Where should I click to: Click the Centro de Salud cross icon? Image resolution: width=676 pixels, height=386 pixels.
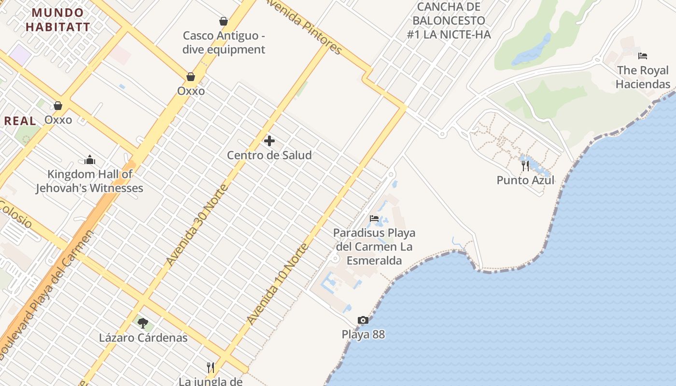269,141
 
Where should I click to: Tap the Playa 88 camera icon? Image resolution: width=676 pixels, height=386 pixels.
363,320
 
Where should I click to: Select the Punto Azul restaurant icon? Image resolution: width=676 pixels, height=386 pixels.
525,166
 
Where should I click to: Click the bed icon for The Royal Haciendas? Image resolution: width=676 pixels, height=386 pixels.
642,56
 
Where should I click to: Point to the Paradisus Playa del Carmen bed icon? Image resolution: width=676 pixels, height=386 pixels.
374,219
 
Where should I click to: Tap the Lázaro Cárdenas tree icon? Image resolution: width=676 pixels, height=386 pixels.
142,323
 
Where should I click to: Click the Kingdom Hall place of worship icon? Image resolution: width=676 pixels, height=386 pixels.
90,160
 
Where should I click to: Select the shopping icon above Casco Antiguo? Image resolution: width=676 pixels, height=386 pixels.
224,21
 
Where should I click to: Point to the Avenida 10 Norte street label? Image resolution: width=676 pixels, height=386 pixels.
278,284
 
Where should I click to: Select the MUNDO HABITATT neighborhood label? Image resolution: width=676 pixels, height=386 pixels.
58,20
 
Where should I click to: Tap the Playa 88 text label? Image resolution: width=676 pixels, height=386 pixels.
363,334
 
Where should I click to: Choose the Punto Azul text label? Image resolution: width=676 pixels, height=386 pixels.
525,180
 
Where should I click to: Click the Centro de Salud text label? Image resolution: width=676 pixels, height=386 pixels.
269,155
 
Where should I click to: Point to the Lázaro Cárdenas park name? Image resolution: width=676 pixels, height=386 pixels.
143,337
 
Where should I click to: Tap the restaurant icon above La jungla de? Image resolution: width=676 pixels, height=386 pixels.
210,368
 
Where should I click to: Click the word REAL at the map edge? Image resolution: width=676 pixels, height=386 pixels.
20,121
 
